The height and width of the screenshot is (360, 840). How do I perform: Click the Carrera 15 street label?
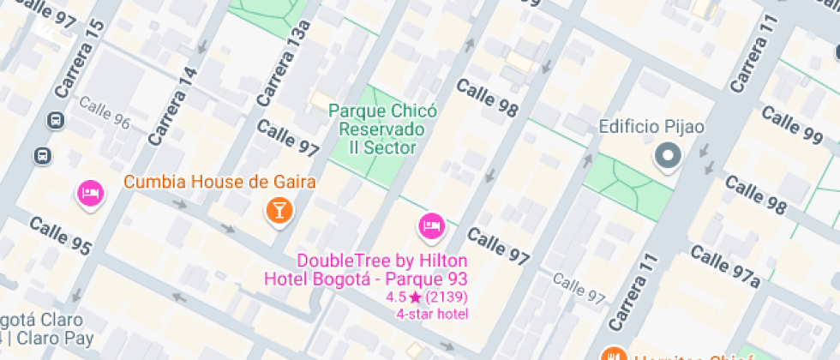[79, 57]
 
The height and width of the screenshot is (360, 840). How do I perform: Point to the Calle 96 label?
[105, 112]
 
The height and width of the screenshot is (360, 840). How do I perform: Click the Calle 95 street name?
[60, 235]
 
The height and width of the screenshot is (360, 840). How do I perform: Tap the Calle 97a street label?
[725, 266]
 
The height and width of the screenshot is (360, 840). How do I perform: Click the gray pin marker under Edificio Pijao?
[667, 156]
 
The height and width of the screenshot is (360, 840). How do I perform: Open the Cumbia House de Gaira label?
[220, 182]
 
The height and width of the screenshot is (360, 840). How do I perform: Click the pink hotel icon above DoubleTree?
[430, 225]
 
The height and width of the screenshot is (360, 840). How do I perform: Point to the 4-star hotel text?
[432, 314]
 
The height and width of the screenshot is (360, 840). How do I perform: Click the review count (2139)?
[446, 297]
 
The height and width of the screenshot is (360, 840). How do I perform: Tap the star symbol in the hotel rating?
[415, 297]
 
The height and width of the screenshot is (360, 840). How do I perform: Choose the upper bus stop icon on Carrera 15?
[56, 121]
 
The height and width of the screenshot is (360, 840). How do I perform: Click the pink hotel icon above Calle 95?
[90, 192]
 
